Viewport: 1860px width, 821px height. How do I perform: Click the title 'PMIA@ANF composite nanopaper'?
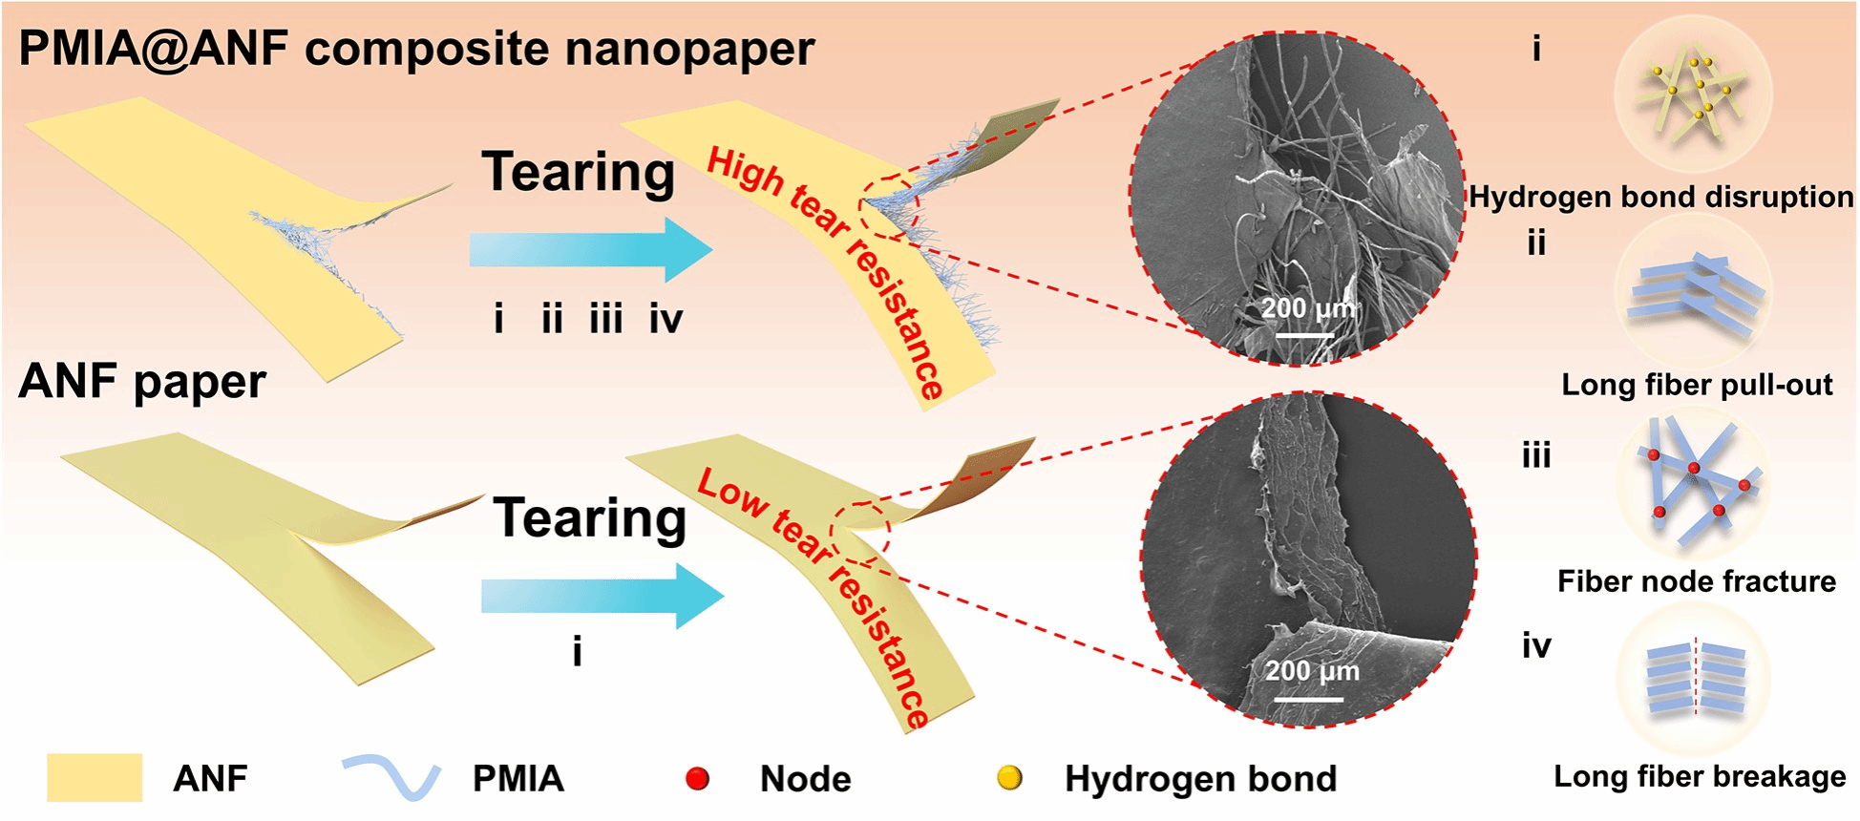(x=416, y=49)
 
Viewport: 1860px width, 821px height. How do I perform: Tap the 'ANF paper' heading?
(x=142, y=381)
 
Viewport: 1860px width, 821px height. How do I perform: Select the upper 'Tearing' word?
(x=579, y=172)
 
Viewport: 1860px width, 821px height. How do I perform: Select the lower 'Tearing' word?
(x=590, y=518)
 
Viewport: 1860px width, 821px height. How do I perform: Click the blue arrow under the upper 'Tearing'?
(x=590, y=249)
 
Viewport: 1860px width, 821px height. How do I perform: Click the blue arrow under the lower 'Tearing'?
(x=602, y=596)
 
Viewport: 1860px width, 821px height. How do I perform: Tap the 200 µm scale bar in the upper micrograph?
(x=1305, y=334)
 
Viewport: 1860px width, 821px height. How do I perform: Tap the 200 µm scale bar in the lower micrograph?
(x=1309, y=699)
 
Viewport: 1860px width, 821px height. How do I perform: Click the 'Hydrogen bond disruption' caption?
(x=1661, y=197)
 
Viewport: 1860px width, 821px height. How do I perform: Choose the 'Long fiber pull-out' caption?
(x=1697, y=385)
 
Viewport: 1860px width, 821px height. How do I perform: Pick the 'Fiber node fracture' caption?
(x=1697, y=581)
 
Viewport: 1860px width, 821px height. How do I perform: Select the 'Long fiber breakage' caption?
(x=1700, y=776)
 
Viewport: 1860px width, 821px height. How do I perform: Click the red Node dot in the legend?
(x=698, y=779)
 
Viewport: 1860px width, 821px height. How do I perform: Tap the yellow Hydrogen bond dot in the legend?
(x=1009, y=778)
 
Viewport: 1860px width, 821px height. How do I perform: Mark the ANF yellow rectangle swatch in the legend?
(x=95, y=778)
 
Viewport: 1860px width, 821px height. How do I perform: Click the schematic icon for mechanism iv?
(x=1695, y=678)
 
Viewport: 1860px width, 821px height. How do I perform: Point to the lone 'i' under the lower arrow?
(x=577, y=652)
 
